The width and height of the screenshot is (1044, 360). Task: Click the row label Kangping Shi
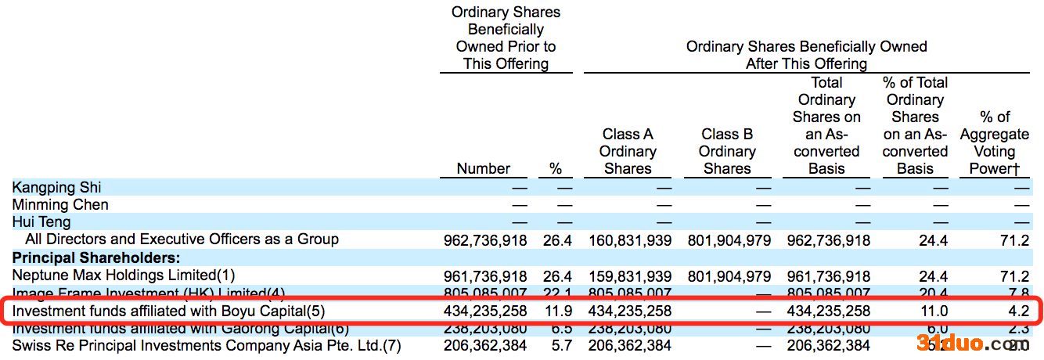point(57,188)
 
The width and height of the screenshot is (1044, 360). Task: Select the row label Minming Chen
point(61,205)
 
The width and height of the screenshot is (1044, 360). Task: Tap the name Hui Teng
point(41,222)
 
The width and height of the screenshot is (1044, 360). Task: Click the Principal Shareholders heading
point(96,257)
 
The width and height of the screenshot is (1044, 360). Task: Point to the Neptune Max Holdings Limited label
point(124,275)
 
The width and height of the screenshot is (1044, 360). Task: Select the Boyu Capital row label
point(168,311)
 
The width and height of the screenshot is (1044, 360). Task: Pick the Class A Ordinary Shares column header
point(628,151)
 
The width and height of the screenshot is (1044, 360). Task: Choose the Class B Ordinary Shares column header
point(727,151)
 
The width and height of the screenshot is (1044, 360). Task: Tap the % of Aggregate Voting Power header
point(994,142)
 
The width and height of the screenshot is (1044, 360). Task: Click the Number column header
point(483,168)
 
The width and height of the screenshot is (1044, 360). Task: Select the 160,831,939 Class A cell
point(628,240)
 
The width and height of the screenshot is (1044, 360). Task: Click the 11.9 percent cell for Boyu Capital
point(557,311)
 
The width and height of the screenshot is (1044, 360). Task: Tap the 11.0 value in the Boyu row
point(934,311)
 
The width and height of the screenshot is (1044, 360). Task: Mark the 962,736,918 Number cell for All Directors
point(483,240)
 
